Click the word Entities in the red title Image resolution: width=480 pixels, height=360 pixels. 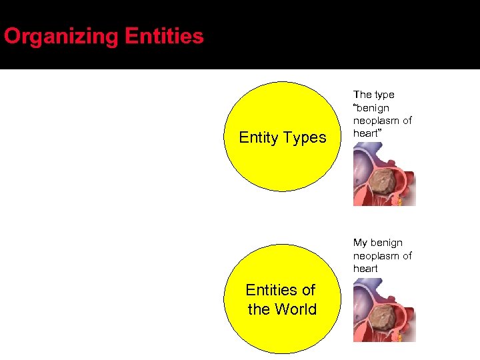click(164, 36)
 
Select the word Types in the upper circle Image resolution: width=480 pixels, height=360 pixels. click(305, 138)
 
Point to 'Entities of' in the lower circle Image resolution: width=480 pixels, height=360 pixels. click(280, 290)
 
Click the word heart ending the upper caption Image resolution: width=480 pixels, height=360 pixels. click(366, 133)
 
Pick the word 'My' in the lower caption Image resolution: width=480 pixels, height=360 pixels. click(361, 243)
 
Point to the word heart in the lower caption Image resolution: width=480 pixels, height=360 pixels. click(365, 268)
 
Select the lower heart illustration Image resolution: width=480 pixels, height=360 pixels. click(384, 310)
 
